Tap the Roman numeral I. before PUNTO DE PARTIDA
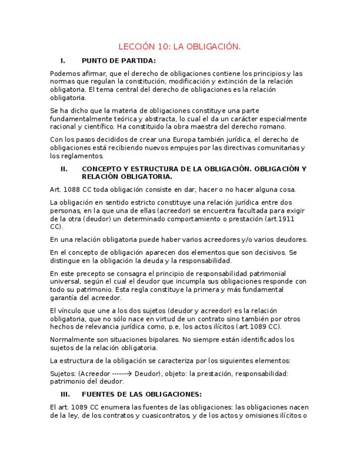[x=63, y=60]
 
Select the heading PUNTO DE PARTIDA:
[x=118, y=60]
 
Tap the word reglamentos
[x=81, y=156]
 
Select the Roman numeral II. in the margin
[x=64, y=169]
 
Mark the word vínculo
[x=74, y=310]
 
